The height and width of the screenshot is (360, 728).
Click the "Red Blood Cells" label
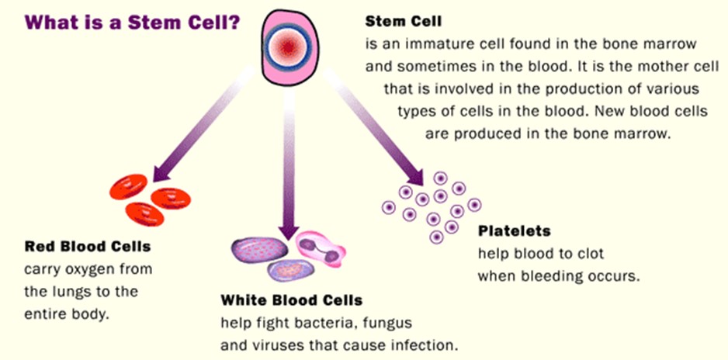[88, 247]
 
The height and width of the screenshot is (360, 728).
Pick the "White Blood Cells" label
[291, 299]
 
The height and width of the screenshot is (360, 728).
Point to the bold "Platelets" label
[515, 230]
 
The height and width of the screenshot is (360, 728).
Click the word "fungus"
[386, 321]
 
